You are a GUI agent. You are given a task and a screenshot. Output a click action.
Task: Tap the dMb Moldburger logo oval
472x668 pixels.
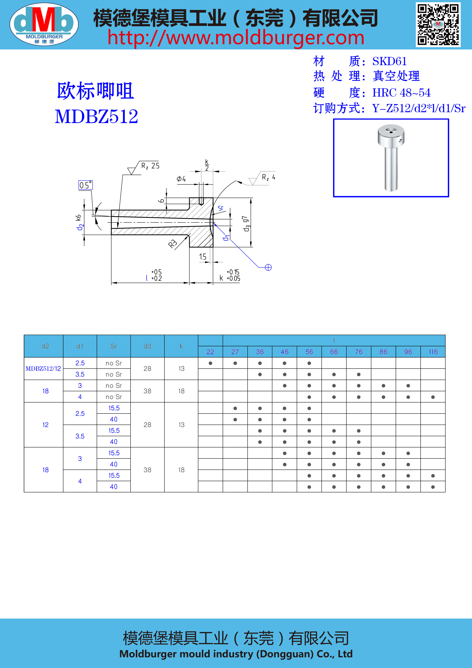[x=44, y=24]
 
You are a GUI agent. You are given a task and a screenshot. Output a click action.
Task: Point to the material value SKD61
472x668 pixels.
[x=389, y=61]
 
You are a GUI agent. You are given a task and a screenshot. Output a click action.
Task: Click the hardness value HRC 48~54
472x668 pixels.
[x=401, y=93]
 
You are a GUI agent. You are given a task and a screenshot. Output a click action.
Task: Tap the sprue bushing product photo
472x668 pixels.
[x=391, y=158]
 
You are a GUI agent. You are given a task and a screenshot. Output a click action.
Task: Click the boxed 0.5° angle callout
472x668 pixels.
[x=85, y=185]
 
